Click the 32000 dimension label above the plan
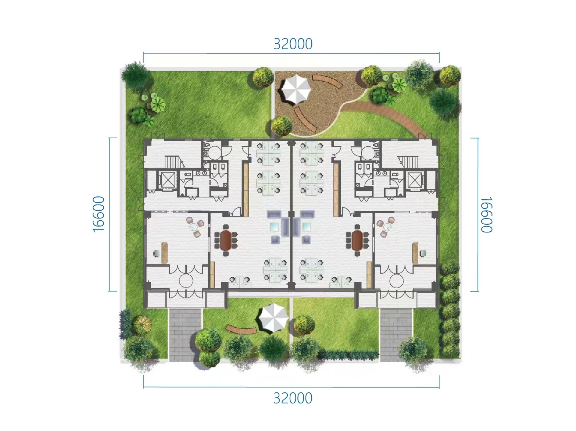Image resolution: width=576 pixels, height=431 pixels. (293, 44)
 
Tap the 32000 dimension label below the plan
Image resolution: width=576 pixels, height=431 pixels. (293, 398)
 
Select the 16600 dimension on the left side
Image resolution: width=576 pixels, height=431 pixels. (99, 214)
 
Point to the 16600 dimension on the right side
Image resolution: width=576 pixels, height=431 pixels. (486, 214)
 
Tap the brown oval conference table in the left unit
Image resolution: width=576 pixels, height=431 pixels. (226, 240)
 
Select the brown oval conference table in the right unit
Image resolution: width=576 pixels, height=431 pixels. (357, 240)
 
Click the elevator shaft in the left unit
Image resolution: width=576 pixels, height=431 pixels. (168, 180)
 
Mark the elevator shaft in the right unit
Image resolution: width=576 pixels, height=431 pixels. (415, 181)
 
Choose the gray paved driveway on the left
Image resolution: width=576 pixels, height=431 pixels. (185, 335)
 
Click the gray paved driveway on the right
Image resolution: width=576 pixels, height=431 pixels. (396, 335)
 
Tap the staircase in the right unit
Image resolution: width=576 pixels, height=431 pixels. (408, 162)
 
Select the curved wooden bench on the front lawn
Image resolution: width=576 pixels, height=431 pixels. (241, 329)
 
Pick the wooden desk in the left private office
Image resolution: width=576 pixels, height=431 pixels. (165, 253)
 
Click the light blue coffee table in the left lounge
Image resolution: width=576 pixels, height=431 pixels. (275, 227)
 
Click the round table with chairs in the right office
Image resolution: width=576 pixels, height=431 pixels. (387, 227)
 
